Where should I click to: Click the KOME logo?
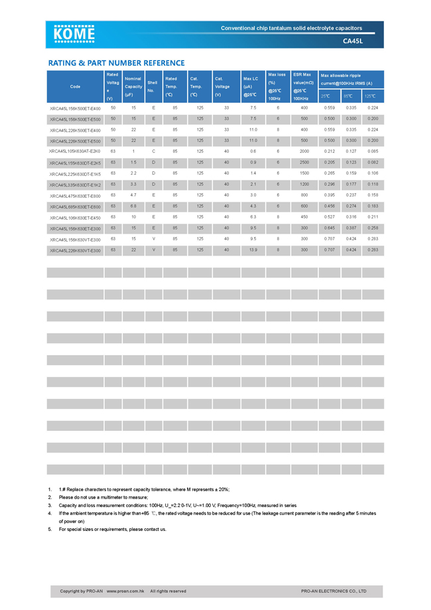click(x=74, y=34)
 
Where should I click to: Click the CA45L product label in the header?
click(x=353, y=40)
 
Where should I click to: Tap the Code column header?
click(x=75, y=86)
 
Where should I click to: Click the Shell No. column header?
click(x=152, y=86)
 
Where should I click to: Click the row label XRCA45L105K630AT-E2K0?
click(x=75, y=151)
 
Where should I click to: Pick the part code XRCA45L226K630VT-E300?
click(x=75, y=250)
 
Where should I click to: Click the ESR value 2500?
click(x=304, y=163)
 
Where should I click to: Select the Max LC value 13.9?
click(x=253, y=250)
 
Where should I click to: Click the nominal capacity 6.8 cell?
click(x=133, y=206)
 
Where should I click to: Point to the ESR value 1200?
click(x=304, y=185)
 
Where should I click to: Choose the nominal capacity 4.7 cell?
click(x=133, y=195)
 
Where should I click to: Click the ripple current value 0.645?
click(x=329, y=228)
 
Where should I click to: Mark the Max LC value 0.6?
click(x=253, y=151)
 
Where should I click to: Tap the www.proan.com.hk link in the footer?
click(x=126, y=591)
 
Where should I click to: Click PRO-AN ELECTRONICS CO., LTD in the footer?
click(x=334, y=591)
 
